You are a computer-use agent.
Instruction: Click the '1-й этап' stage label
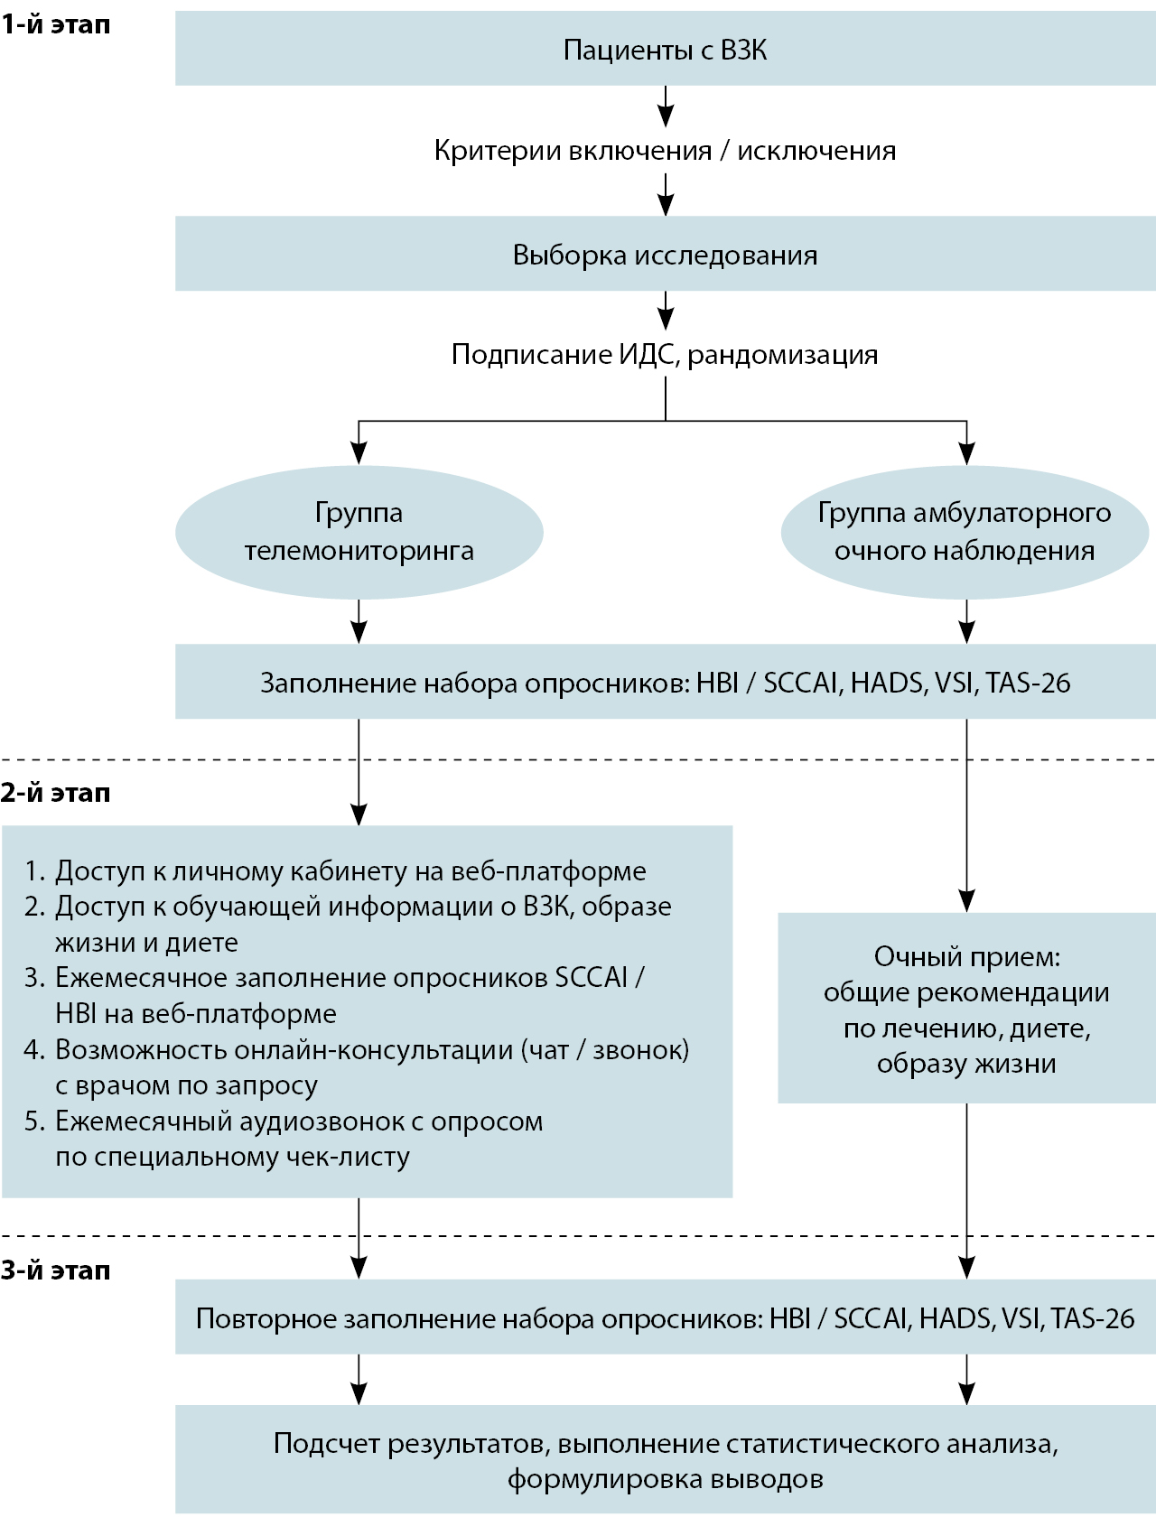tap(56, 24)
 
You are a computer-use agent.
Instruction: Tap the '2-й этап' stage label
tap(56, 793)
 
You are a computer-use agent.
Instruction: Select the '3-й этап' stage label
tap(56, 1270)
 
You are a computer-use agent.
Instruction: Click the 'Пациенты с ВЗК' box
tap(665, 50)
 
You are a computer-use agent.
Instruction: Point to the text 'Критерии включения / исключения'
tap(665, 150)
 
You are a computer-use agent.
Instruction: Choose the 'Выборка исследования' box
tap(665, 255)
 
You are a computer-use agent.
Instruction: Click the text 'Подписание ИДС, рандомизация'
tap(665, 354)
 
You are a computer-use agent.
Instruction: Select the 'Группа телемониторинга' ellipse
tap(359, 532)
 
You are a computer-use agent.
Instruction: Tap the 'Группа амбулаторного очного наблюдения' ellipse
tap(965, 532)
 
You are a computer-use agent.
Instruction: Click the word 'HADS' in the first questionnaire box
tap(888, 683)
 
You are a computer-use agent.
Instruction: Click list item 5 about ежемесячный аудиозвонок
tap(299, 1121)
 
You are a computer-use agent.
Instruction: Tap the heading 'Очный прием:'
tap(966, 956)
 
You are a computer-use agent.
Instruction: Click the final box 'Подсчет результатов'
tap(665, 1460)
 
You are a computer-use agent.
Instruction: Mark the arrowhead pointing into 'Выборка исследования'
tap(666, 207)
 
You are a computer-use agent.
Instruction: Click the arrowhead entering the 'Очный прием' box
tap(967, 902)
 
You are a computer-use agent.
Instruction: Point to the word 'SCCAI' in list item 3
tap(592, 978)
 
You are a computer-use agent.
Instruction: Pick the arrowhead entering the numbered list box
tap(359, 814)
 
